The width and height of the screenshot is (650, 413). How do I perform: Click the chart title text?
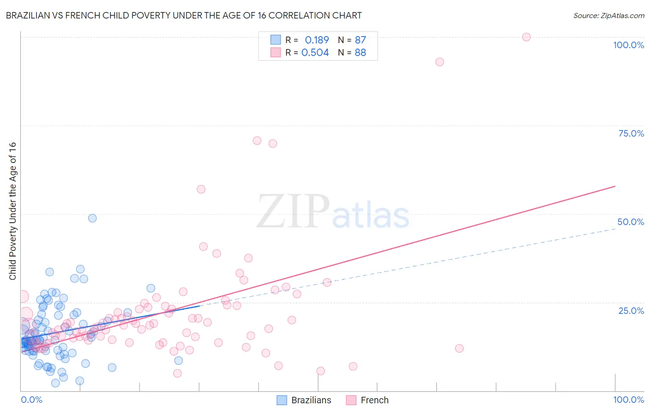click(x=184, y=15)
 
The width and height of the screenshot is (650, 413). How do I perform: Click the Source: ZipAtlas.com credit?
click(x=608, y=15)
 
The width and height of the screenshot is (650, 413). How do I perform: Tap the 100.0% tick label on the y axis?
click(x=628, y=45)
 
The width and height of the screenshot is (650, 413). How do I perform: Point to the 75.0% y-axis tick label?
click(x=631, y=133)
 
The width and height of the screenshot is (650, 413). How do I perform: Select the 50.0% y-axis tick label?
click(x=631, y=222)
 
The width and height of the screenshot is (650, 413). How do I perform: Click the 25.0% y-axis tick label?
click(x=631, y=310)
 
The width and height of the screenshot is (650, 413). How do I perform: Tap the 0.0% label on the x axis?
click(x=31, y=400)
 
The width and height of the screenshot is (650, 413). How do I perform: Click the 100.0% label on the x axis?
click(x=628, y=400)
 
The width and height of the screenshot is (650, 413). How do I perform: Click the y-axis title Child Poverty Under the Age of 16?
click(x=12, y=211)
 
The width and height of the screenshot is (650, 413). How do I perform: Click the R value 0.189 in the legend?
click(x=317, y=40)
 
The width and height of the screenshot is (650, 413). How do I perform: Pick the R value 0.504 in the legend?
click(x=315, y=52)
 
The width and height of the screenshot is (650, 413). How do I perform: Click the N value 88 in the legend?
click(x=360, y=52)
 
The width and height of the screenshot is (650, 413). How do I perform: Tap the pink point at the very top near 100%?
click(x=526, y=37)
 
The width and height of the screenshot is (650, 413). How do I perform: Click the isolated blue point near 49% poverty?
click(x=92, y=218)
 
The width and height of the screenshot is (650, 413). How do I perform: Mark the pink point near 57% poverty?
click(x=201, y=189)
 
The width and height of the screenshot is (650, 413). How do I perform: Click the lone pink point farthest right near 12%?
click(x=459, y=348)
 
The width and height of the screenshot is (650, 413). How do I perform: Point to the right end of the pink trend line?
click(x=615, y=186)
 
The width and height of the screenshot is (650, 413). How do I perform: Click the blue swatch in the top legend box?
click(x=276, y=40)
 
